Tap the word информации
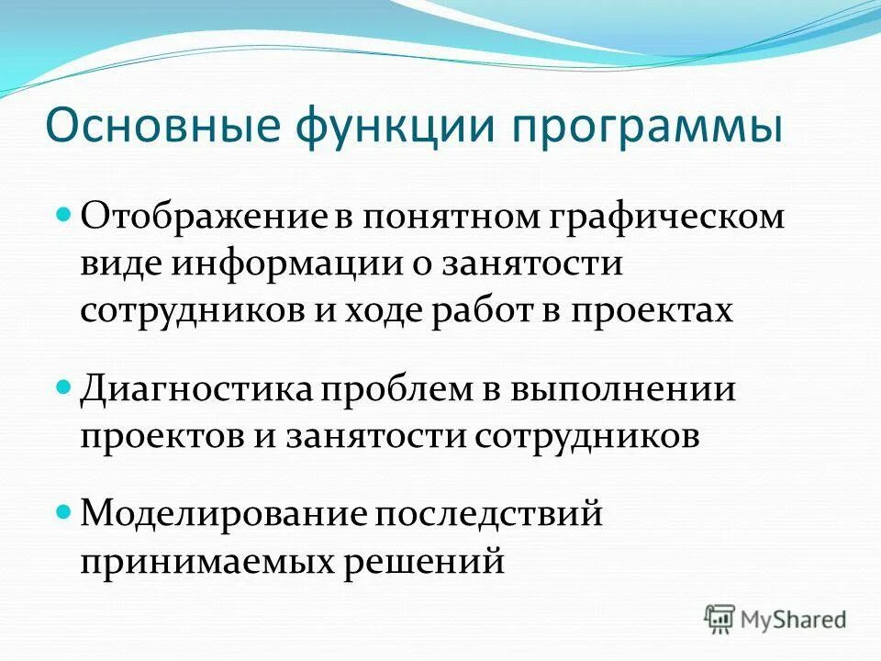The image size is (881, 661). [x=285, y=264]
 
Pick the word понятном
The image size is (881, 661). [x=440, y=218]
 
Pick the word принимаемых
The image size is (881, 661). [x=206, y=559]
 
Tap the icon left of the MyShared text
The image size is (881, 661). [x=720, y=620]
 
